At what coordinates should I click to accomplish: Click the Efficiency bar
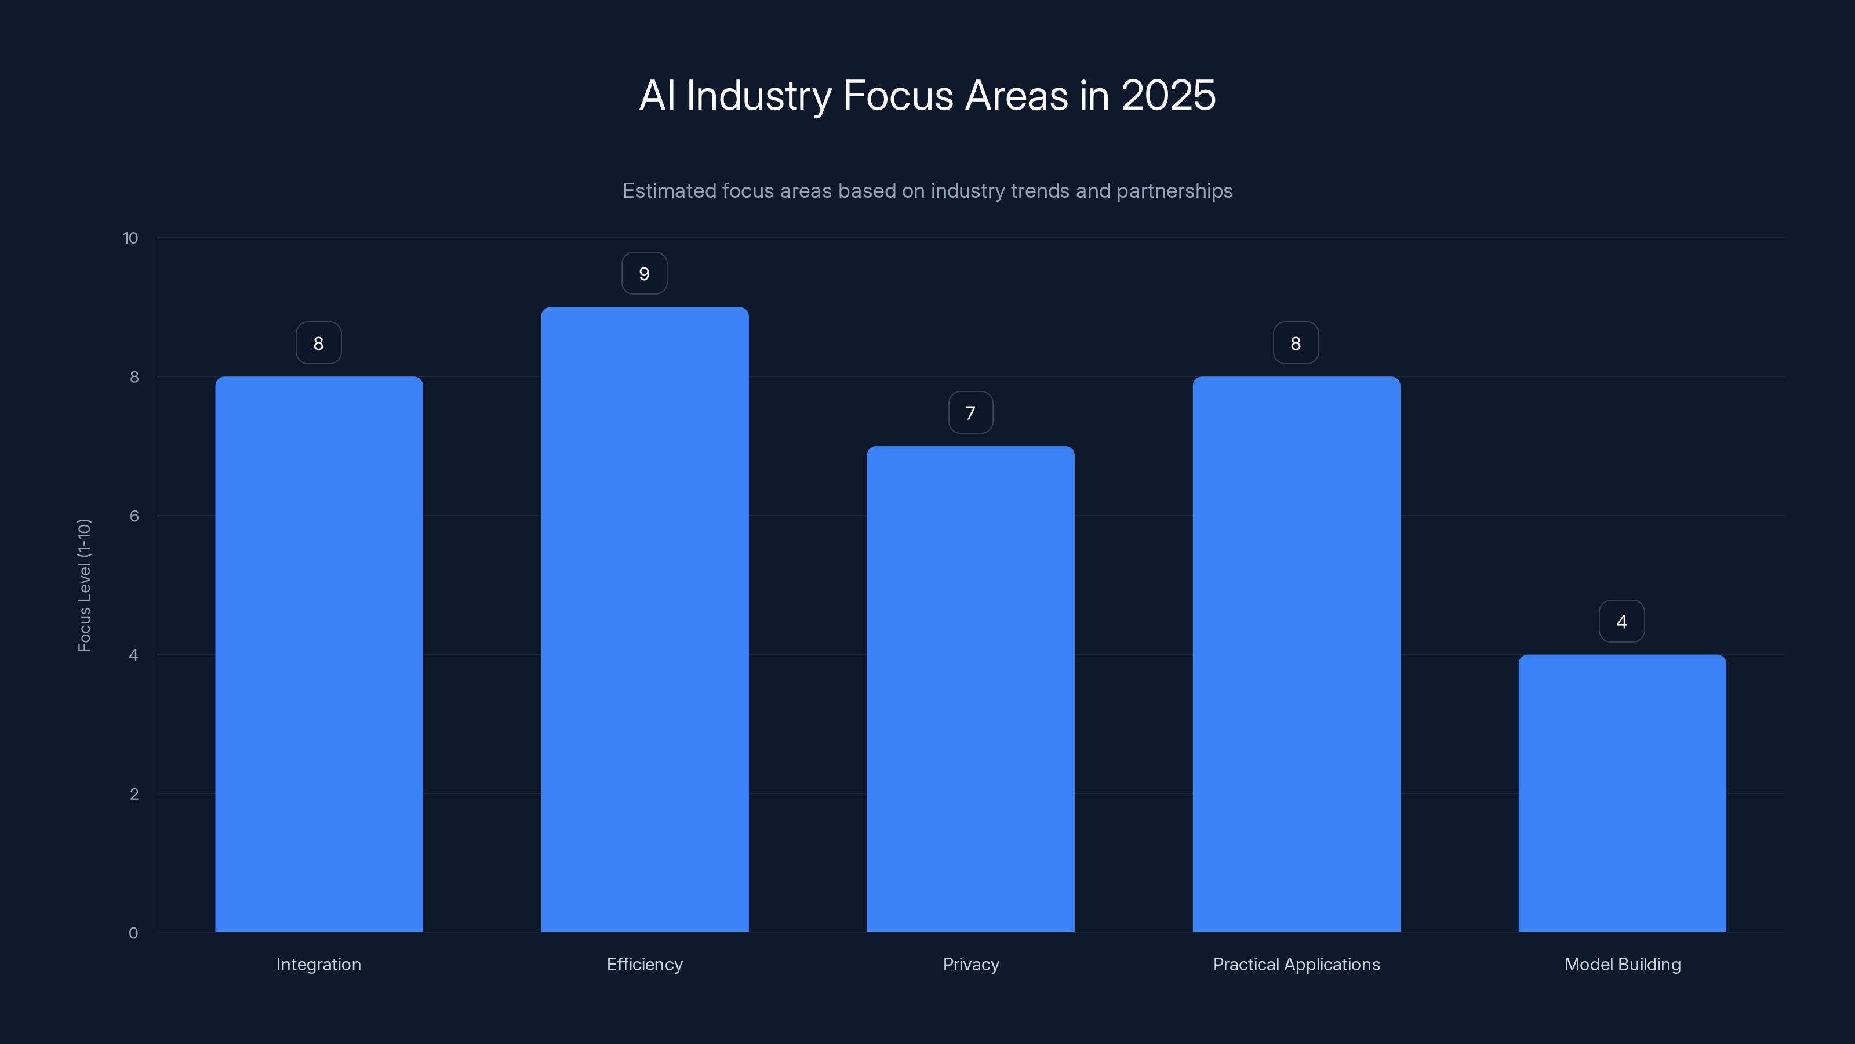pyautogui.click(x=645, y=619)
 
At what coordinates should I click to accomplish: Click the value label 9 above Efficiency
pyautogui.click(x=645, y=274)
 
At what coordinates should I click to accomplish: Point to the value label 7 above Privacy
pyautogui.click(x=971, y=413)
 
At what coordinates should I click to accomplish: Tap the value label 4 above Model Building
pyautogui.click(x=1622, y=622)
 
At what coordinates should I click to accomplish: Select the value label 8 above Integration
pyautogui.click(x=319, y=344)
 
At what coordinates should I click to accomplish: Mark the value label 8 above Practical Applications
pyautogui.click(x=1296, y=344)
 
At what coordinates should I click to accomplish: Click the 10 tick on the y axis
pyautogui.click(x=130, y=238)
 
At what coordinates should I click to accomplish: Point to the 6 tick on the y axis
pyautogui.click(x=134, y=516)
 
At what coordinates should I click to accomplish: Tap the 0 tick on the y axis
pyautogui.click(x=133, y=933)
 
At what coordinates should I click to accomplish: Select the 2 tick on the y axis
pyautogui.click(x=134, y=794)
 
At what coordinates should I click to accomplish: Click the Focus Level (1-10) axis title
pyautogui.click(x=84, y=585)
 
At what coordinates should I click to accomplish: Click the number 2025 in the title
pyautogui.click(x=1168, y=96)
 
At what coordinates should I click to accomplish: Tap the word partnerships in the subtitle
pyautogui.click(x=1174, y=191)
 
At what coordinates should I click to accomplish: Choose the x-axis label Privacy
pyautogui.click(x=971, y=964)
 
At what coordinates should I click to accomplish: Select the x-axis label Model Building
pyautogui.click(x=1623, y=964)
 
